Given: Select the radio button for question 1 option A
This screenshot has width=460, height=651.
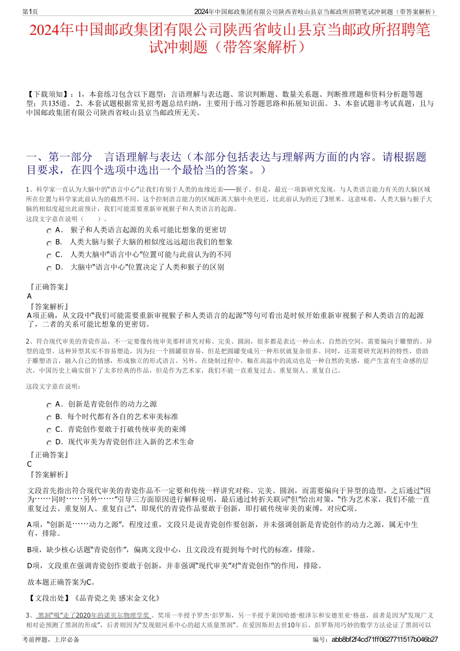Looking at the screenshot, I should (x=49, y=231).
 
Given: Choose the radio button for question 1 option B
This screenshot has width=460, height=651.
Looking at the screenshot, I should (x=49, y=243).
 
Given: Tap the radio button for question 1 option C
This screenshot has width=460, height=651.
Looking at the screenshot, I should (x=49, y=256).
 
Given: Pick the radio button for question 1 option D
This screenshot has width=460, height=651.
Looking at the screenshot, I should (x=49, y=268).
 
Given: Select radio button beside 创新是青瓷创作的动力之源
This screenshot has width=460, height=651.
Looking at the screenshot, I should (x=49, y=405).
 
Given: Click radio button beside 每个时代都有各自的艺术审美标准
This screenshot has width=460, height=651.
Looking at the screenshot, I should (x=49, y=418).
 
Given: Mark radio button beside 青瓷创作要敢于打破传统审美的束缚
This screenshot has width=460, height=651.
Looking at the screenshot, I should (x=49, y=430).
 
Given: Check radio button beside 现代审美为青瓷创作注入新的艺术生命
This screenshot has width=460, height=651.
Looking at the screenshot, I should (x=49, y=443).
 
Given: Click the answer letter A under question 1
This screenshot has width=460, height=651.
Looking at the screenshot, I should (x=30, y=296).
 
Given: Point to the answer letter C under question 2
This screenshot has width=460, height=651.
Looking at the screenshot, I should (x=30, y=464).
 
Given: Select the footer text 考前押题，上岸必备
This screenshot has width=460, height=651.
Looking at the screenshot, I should (x=51, y=639).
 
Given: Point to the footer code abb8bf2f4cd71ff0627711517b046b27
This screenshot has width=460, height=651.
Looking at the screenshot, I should (x=384, y=639).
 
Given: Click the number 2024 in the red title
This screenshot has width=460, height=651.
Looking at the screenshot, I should (x=45, y=30).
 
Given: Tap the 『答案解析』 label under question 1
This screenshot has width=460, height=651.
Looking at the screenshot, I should (x=49, y=307).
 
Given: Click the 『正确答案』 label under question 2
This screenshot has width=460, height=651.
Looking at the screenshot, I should (x=49, y=455).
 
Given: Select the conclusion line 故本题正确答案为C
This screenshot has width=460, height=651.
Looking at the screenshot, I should (x=61, y=582).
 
